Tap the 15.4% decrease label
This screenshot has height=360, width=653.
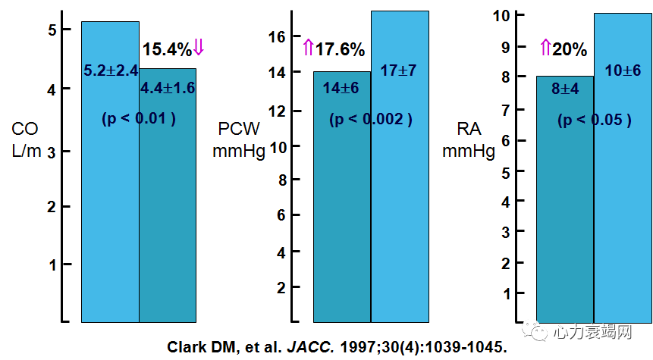[x=167, y=50]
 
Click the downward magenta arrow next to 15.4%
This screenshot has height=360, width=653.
[x=199, y=49]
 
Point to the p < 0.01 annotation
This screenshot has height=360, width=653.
[x=139, y=118]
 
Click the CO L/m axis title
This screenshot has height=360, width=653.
[x=26, y=139]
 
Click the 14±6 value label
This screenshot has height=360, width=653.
[x=341, y=88]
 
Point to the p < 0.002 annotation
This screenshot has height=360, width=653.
[x=371, y=120]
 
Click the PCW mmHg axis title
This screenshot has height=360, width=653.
[x=238, y=139]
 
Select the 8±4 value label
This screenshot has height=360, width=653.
[x=566, y=89]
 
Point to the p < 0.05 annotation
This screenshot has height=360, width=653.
[x=595, y=120]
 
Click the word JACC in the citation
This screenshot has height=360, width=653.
[x=307, y=346]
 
